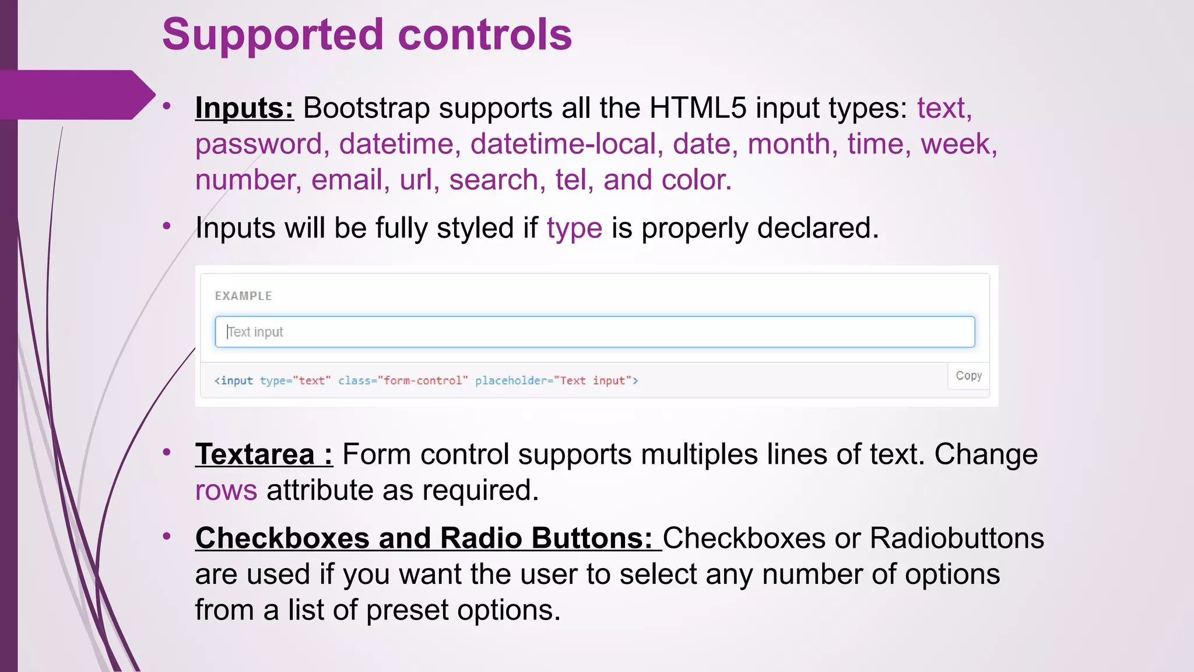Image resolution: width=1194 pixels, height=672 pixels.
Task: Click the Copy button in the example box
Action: (x=968, y=376)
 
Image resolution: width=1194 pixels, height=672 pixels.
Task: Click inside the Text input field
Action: (x=595, y=332)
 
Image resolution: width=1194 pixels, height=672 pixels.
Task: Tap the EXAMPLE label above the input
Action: (x=243, y=296)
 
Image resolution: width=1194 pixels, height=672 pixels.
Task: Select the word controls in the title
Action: (x=484, y=35)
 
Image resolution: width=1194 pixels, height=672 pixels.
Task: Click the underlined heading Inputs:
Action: (x=244, y=108)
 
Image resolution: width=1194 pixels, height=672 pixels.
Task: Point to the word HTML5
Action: (x=698, y=108)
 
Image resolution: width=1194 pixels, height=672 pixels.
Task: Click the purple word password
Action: (x=258, y=145)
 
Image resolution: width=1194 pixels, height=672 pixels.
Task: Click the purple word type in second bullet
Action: (x=574, y=229)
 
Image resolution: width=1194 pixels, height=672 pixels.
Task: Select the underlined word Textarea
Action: (x=255, y=454)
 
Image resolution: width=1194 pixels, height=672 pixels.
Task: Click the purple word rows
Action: (x=226, y=491)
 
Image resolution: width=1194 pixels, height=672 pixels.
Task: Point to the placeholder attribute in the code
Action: (x=511, y=381)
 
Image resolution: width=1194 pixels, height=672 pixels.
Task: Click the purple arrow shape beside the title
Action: (x=76, y=95)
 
